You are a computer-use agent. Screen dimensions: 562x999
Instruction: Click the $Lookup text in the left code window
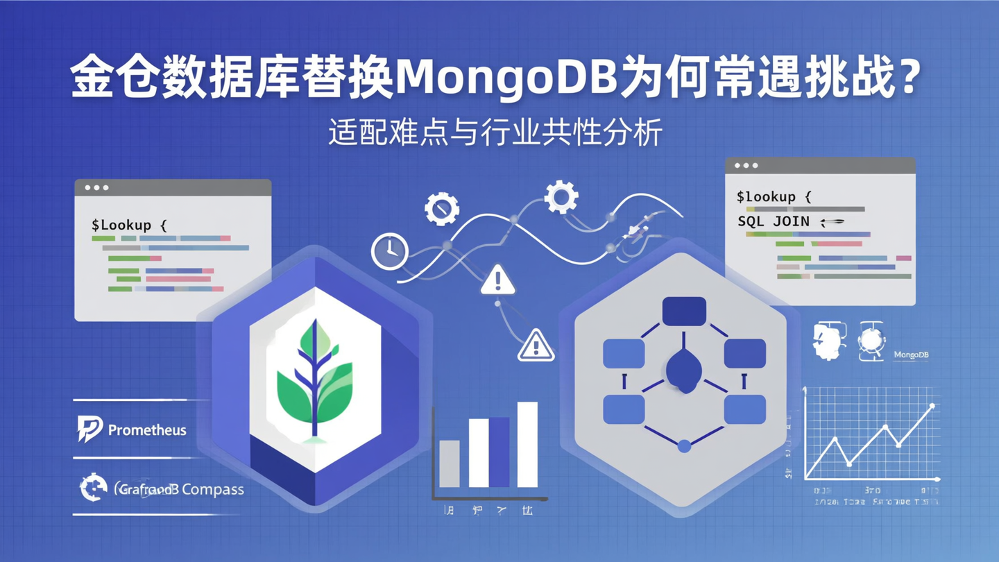coord(129,225)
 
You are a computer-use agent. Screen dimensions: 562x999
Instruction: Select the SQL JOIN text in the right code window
coord(773,221)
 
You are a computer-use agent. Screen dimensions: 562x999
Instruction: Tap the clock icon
coord(390,251)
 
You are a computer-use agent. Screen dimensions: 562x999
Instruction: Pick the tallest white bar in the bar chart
coord(527,444)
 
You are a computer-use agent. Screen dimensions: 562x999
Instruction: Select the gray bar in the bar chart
coord(450,463)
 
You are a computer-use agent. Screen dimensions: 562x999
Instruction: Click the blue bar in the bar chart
coord(500,452)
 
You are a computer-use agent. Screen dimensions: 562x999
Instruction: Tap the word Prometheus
coord(147,430)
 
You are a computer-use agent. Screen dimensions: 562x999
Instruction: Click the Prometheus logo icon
coord(89,429)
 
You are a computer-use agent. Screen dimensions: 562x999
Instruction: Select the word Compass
coord(212,489)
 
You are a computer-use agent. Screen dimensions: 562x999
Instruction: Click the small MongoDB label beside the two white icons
coord(911,355)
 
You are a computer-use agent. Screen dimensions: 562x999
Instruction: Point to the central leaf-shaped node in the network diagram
coord(685,371)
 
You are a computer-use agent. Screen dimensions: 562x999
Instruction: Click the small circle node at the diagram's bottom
coord(684,446)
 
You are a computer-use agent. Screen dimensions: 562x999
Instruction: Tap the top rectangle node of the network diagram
coord(684,312)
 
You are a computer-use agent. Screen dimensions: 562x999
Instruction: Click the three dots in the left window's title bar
coord(96,187)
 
